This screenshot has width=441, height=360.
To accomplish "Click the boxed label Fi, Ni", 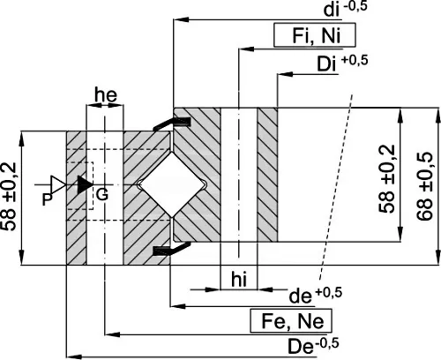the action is tap(315, 35).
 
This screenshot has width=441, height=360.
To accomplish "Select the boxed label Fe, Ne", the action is tap(291, 320).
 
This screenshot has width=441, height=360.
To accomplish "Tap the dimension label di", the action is tap(332, 11).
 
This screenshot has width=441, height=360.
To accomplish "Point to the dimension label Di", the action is tap(326, 64).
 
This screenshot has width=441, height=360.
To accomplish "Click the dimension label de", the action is tap(300, 296).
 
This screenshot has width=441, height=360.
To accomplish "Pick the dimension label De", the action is tap(300, 347).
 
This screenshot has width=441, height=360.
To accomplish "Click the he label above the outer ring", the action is tap(106, 95).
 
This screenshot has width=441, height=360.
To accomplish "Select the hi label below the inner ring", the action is tap(239, 280).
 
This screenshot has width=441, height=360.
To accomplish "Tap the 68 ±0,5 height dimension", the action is tap(425, 186).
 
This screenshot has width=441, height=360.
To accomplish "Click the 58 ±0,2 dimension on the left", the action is tap(9, 196).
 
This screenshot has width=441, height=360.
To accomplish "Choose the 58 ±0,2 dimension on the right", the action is tap(386, 179).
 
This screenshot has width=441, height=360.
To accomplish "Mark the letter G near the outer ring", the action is tap(102, 194).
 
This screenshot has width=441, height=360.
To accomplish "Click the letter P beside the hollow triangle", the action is tap(48, 199).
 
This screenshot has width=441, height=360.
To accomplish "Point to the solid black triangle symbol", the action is tap(84, 184).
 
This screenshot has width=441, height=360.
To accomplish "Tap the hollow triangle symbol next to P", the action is tap(56, 185).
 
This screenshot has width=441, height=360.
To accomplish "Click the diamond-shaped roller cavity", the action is tap(172, 184).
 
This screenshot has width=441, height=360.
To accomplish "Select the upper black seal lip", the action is tap(171, 124).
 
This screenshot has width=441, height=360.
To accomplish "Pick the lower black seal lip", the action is tap(171, 249).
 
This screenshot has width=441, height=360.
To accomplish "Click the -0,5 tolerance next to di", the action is tap(355, 6).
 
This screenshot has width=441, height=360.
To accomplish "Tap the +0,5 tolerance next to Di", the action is tap(355, 60).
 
